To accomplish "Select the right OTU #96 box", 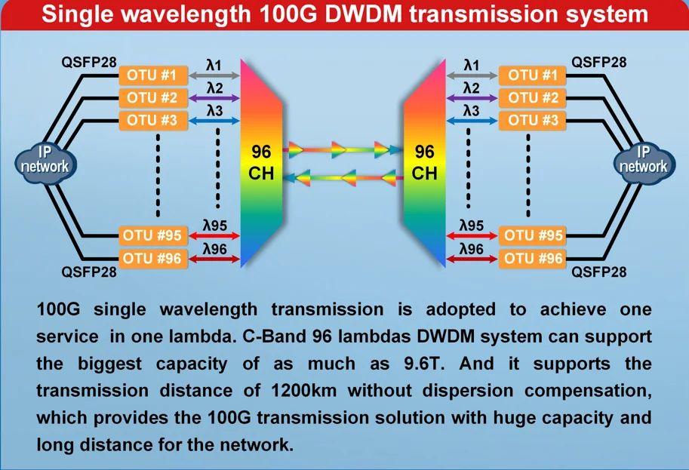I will [533, 259].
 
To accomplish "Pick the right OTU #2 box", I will [533, 98].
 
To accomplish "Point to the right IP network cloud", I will [644, 161].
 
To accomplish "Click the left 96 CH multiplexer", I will [261, 162].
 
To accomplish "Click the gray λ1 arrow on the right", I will [471, 76].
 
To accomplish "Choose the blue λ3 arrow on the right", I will [471, 121].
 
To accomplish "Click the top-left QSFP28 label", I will [89, 61].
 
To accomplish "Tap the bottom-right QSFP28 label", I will [598, 272].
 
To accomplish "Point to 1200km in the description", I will [296, 391].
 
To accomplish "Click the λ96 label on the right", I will [472, 248].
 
